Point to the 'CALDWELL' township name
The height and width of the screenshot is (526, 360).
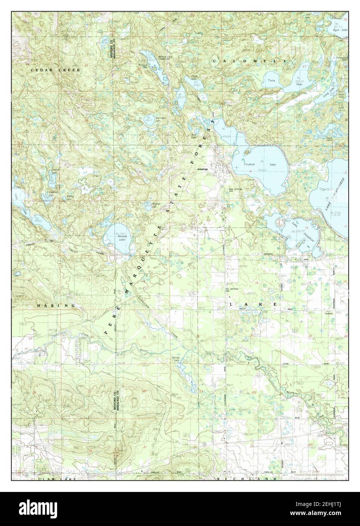(250, 61)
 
